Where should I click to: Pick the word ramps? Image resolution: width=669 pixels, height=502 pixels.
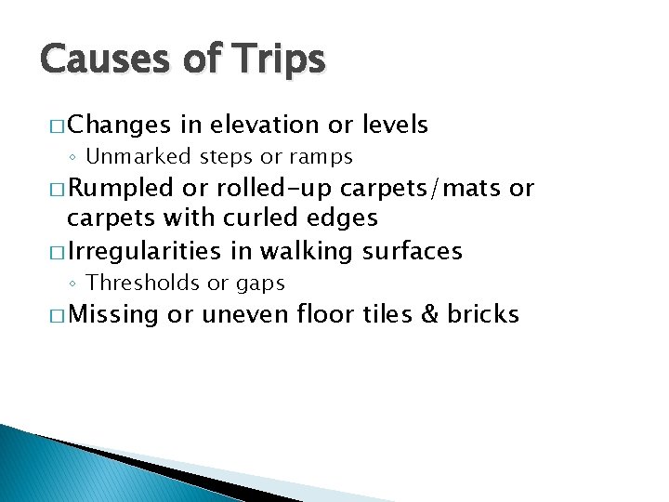click(321, 157)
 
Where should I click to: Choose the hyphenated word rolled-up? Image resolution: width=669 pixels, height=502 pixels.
click(272, 188)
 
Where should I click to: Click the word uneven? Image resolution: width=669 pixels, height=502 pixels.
click(245, 315)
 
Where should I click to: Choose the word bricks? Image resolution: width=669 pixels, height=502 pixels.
click(482, 314)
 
